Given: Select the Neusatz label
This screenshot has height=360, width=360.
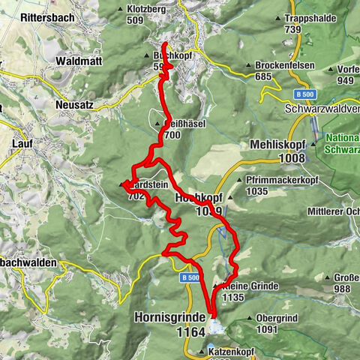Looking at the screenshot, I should click(74, 105).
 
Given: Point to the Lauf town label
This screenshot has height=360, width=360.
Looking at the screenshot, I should click(23, 142).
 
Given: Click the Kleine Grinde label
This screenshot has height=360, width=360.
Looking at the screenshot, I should click(239, 286).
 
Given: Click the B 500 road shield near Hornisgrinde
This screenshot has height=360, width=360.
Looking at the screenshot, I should click(188, 277).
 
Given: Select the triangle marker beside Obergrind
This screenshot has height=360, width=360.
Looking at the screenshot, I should click(249, 318).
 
